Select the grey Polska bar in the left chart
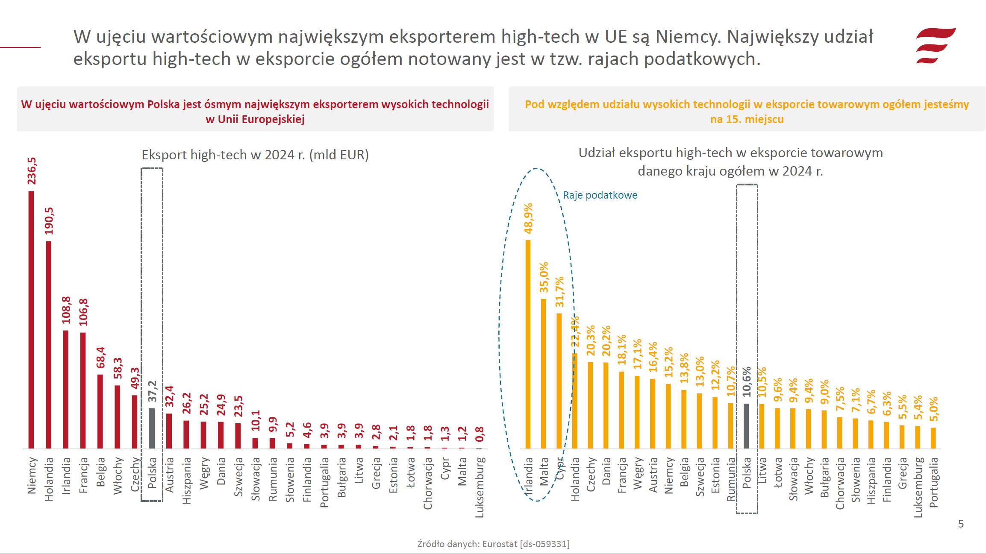click(x=152, y=428)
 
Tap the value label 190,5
click(x=49, y=221)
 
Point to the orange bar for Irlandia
click(x=528, y=344)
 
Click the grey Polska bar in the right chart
click(x=746, y=426)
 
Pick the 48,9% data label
click(x=529, y=218)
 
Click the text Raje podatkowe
click(x=600, y=195)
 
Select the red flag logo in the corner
click(x=935, y=46)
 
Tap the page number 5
click(x=961, y=524)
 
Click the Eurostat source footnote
click(x=493, y=544)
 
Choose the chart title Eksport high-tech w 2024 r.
click(x=255, y=155)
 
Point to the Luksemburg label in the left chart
click(x=480, y=487)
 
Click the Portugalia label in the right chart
click(x=933, y=482)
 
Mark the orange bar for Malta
click(x=544, y=374)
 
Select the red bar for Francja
click(x=83, y=390)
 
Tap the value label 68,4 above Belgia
click(x=100, y=357)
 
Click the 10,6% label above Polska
click(x=747, y=382)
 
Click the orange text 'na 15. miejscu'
click(x=747, y=119)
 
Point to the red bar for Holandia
click(x=49, y=345)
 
